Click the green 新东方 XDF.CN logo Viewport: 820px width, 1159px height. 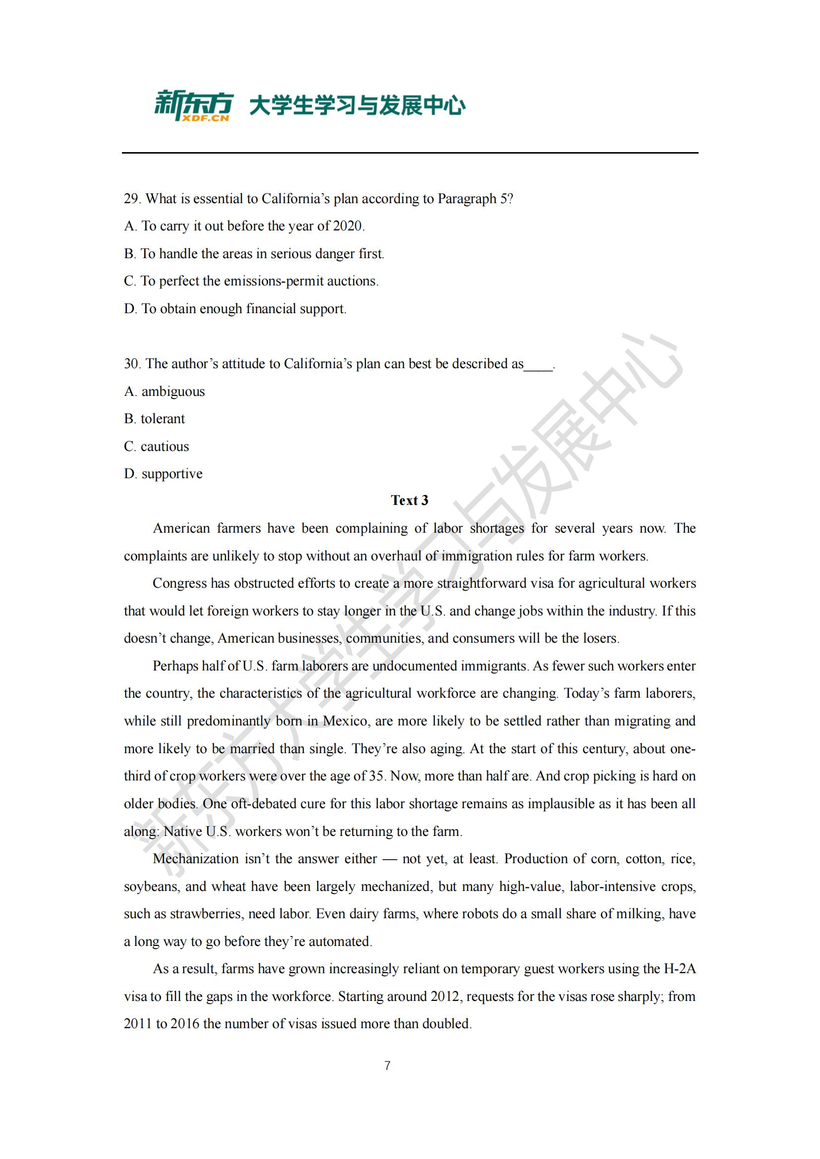(x=193, y=106)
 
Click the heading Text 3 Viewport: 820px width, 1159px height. (x=409, y=500)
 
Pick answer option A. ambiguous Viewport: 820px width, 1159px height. (x=165, y=392)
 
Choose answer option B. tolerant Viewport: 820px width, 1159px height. (x=155, y=419)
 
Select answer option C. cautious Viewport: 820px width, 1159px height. (x=157, y=447)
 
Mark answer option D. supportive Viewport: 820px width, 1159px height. (x=163, y=474)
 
